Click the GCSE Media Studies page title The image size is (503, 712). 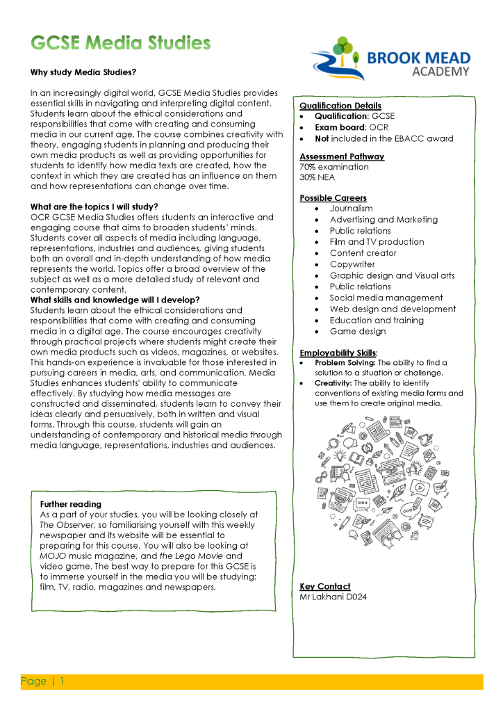coord(120,43)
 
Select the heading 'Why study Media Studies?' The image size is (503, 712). coord(83,72)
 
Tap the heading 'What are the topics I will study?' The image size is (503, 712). coord(94,207)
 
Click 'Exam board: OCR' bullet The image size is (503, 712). coord(352,127)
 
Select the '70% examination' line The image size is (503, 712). coord(334,167)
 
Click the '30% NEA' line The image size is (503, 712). coord(317,177)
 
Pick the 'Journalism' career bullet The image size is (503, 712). coord(351,209)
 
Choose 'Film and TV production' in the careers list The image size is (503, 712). coord(377,242)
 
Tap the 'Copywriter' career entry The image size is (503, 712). coord(352,264)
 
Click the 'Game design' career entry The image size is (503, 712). coord(358,331)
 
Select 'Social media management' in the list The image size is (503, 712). coord(386,298)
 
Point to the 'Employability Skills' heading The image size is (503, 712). coord(338,353)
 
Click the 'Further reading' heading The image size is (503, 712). coord(71,504)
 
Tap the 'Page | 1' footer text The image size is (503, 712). coord(42,681)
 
